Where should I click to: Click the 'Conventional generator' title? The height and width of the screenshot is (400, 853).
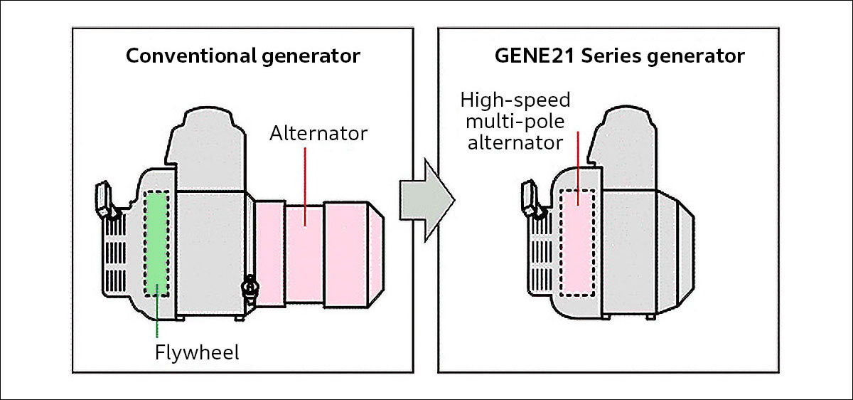click(x=243, y=56)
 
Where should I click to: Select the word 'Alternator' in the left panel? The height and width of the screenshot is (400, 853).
click(x=318, y=133)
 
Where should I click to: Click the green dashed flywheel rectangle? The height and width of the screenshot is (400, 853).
click(x=156, y=243)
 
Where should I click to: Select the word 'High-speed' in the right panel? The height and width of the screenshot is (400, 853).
click(x=515, y=100)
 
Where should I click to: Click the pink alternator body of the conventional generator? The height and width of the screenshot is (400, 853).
click(x=306, y=253)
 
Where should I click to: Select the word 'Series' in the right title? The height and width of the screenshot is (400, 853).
click(x=612, y=56)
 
